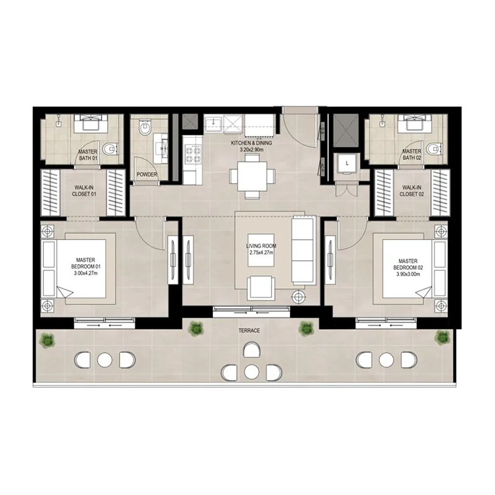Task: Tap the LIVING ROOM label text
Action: coord(260,246)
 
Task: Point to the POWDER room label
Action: coord(147,175)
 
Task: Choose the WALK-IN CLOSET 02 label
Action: coord(411,191)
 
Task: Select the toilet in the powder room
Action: coord(145,129)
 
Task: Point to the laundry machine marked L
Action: coord(348,163)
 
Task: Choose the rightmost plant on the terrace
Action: coord(441,337)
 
